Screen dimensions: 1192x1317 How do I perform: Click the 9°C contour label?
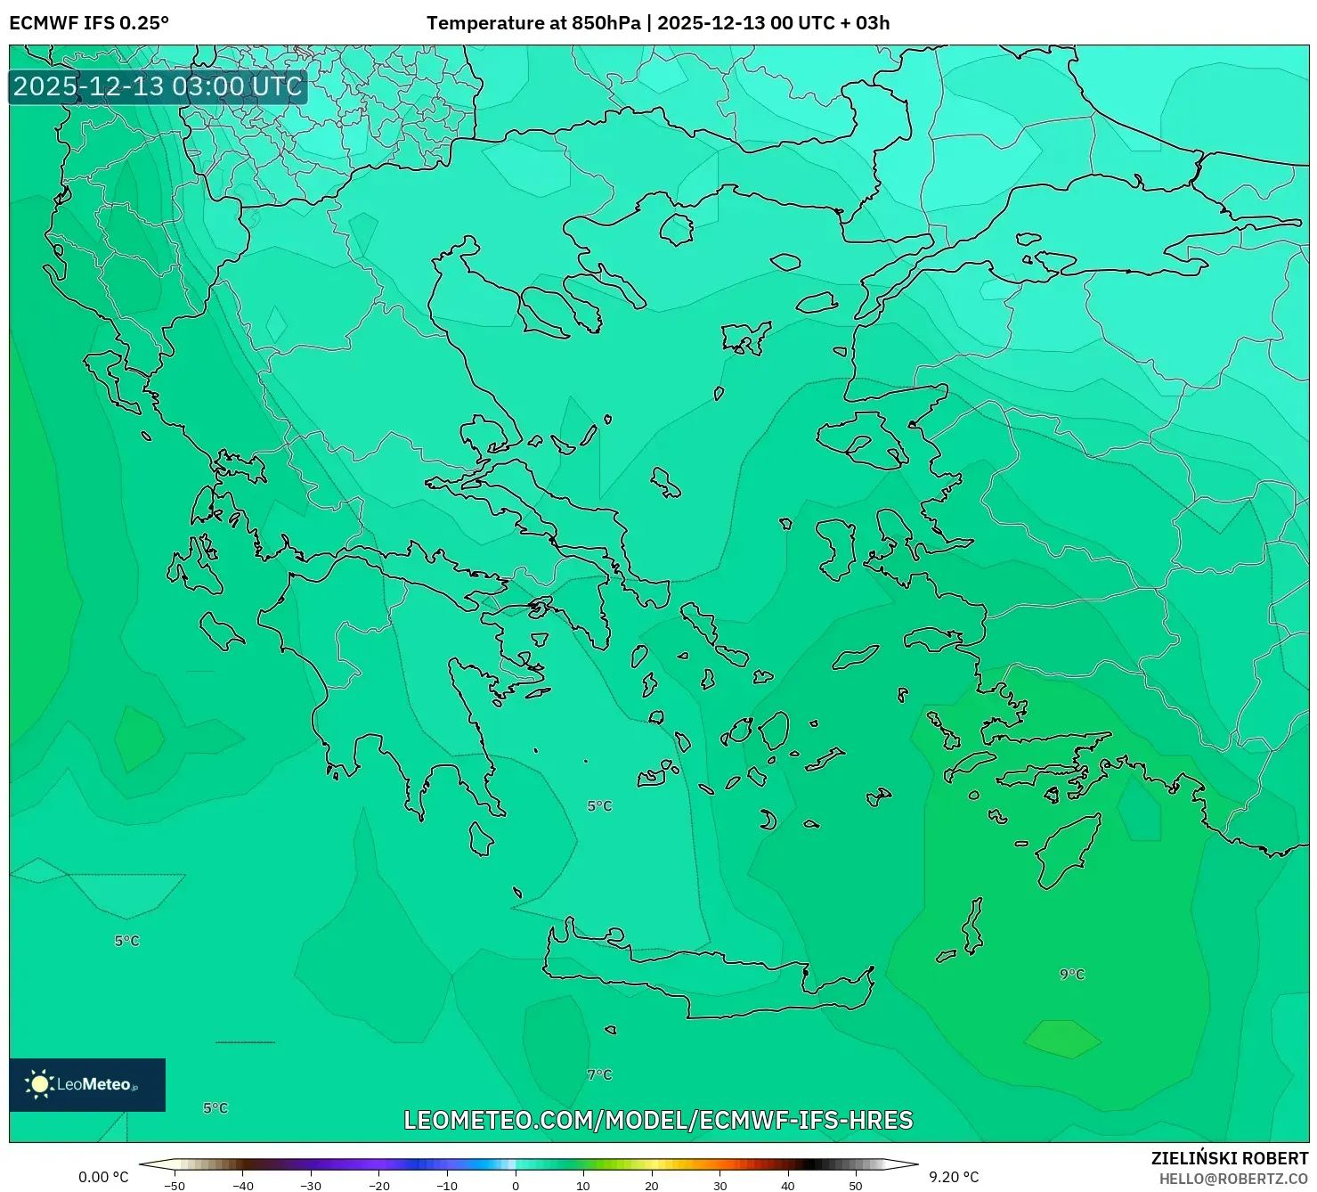coord(1072,975)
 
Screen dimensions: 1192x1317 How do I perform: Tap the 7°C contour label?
coord(599,1075)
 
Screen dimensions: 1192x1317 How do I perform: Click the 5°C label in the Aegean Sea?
coord(599,806)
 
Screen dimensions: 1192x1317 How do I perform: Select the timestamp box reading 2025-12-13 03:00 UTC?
coord(158,86)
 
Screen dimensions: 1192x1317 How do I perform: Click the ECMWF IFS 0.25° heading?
coord(89,23)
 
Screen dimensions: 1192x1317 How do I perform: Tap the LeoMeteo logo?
coord(87,1084)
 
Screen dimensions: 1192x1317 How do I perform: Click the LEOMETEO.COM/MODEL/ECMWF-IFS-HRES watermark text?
coord(658,1121)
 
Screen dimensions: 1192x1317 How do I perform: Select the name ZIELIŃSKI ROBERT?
coord(1230,1159)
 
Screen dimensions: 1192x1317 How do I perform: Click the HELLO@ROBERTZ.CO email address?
coord(1233,1179)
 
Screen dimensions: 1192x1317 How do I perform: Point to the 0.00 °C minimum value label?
coord(103,1177)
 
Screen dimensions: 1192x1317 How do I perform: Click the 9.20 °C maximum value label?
coord(954,1177)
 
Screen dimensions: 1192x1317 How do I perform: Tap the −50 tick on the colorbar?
coord(175,1186)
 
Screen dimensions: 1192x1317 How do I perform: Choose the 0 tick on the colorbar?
coord(516,1186)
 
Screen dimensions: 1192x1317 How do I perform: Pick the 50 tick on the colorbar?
coord(856,1186)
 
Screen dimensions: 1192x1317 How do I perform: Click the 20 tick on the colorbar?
coord(652,1186)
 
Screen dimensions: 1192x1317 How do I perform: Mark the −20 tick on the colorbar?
coord(379,1186)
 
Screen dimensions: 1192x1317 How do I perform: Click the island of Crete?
coord(703,980)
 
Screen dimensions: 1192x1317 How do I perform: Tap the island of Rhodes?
coord(1066,850)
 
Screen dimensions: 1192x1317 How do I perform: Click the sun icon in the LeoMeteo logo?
coord(39,1084)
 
